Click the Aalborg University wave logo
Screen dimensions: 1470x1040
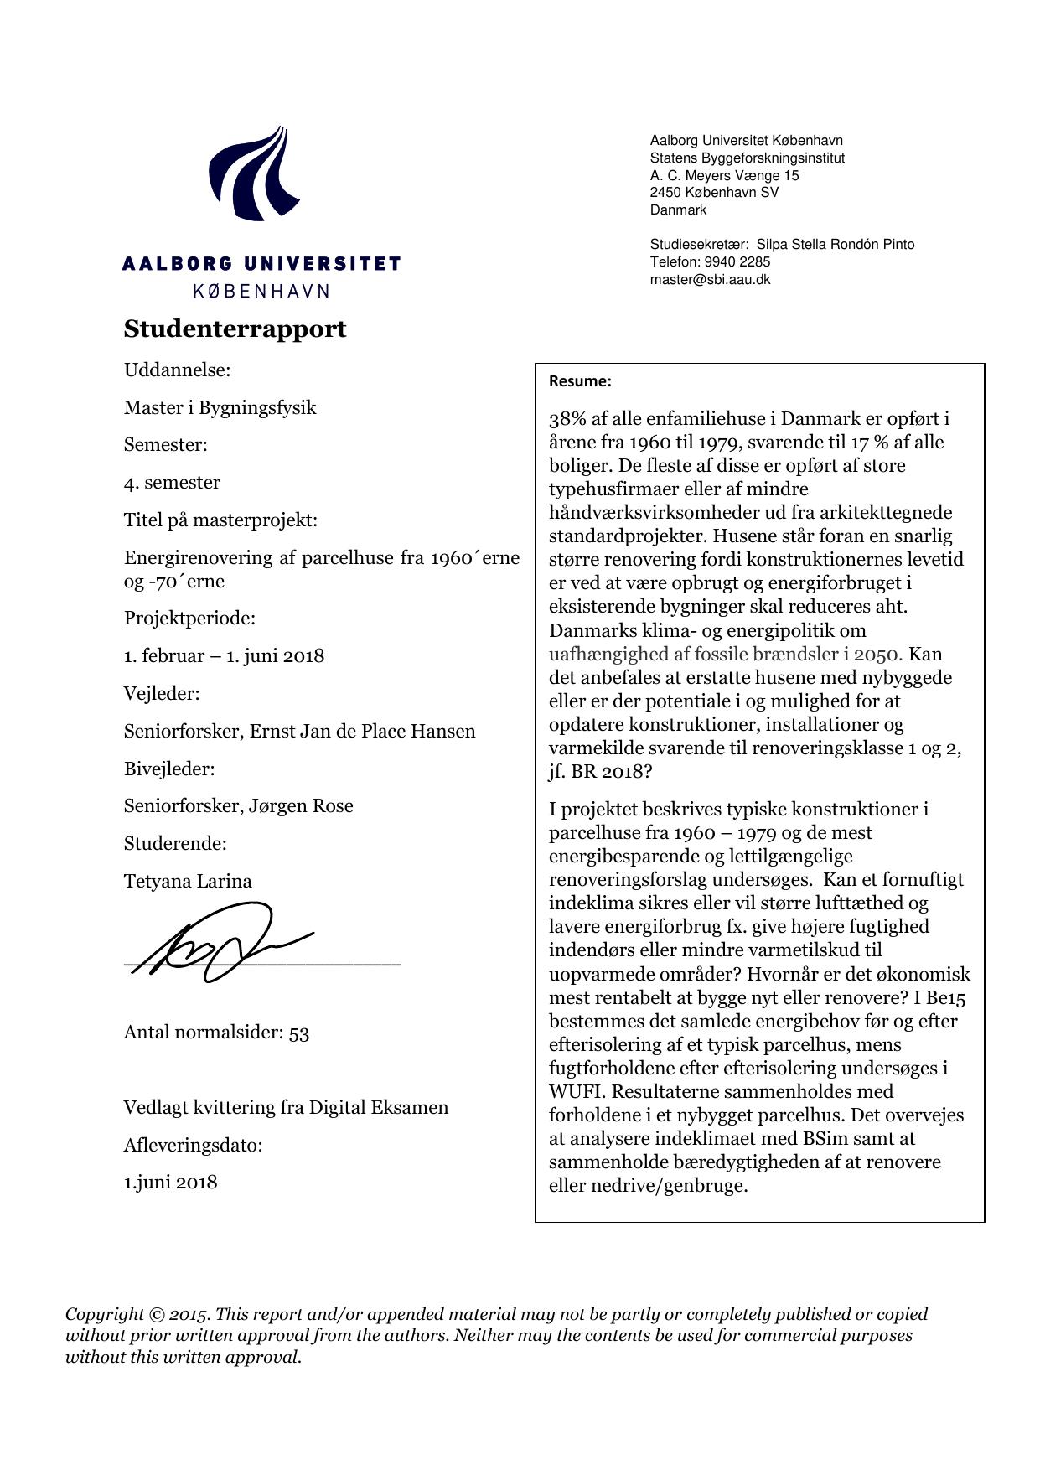pos(254,174)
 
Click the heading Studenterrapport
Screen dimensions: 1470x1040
pos(235,329)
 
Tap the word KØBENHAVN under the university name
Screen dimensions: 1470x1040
pos(261,291)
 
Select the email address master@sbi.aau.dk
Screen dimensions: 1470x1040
pos(710,280)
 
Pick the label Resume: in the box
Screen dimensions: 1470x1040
pos(580,381)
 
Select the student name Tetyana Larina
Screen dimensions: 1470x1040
pos(188,881)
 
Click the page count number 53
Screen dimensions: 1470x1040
pos(299,1033)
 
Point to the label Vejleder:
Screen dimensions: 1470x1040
pos(162,693)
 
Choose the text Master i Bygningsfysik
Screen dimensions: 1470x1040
pos(220,407)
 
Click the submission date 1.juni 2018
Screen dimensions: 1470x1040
pos(171,1182)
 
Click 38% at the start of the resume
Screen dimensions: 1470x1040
pos(567,419)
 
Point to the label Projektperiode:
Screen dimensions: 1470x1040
pos(189,618)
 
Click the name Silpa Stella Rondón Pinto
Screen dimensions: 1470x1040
pos(835,245)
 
